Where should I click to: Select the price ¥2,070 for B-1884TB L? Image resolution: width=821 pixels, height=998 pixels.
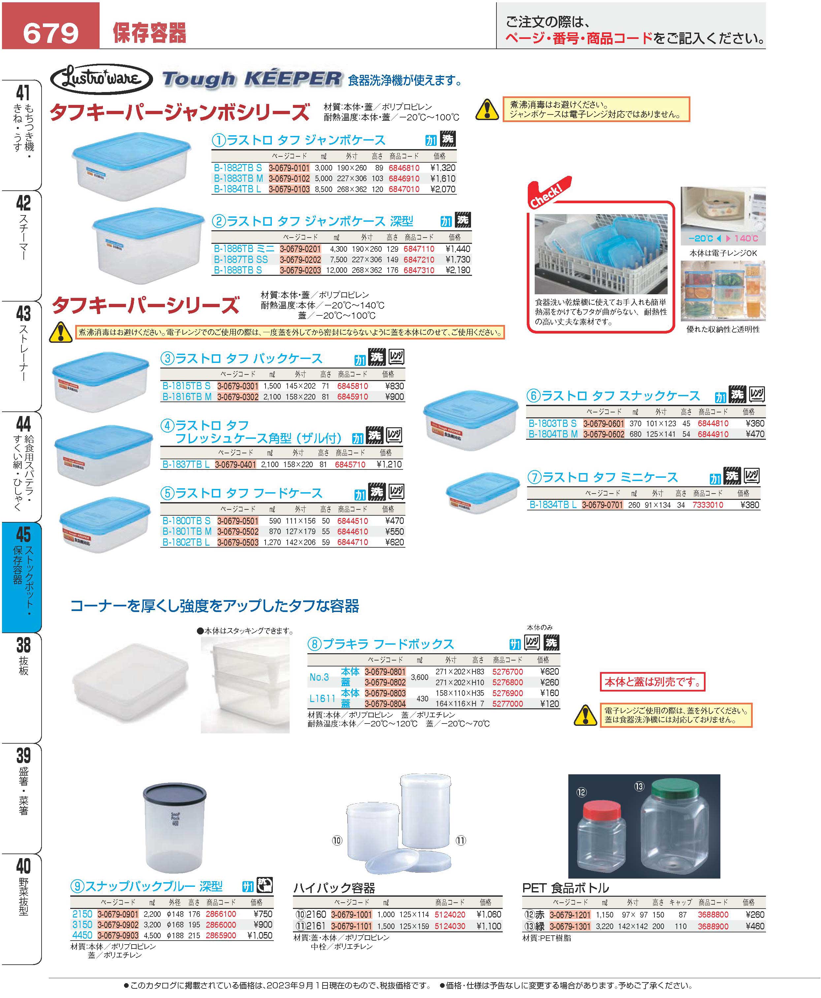point(443,189)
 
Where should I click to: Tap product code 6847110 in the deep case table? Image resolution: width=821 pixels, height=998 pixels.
point(419,249)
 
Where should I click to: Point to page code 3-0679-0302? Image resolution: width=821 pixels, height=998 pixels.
point(237,397)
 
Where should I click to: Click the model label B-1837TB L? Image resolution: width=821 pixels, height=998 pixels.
point(186,465)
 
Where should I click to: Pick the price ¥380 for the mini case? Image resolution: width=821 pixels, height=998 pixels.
point(750,505)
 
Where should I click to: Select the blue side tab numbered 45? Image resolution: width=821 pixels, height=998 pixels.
point(22,577)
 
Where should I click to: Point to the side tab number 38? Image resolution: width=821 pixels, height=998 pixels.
point(23,645)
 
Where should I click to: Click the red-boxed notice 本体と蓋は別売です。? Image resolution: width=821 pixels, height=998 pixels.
point(652,682)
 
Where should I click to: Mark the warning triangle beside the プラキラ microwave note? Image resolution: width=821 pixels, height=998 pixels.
point(585,715)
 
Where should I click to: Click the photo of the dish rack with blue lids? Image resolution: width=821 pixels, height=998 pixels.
point(601,254)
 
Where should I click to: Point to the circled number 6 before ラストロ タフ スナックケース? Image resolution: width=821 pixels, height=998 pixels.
point(533,396)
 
